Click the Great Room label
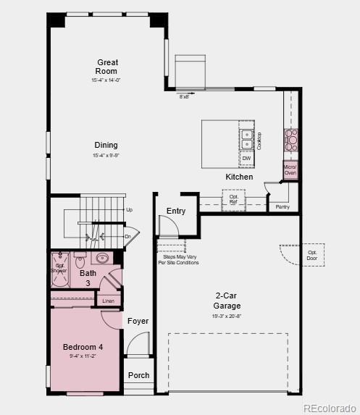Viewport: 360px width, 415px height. tap(107, 67)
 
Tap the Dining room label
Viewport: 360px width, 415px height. tap(105, 146)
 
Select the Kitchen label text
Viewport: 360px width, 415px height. tap(239, 177)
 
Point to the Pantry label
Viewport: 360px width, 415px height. tap(282, 207)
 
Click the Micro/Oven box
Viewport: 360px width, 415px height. tap(290, 170)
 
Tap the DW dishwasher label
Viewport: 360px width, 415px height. tap(246, 158)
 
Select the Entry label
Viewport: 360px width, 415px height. tap(176, 211)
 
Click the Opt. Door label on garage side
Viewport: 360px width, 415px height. tap(312, 255)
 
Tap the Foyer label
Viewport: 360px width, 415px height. tap(138, 321)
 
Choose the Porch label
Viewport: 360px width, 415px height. tap(138, 375)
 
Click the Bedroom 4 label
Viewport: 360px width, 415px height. tap(83, 347)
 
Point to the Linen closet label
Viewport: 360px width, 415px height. tap(108, 301)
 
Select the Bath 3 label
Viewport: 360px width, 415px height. tap(87, 277)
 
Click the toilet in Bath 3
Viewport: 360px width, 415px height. tap(80, 261)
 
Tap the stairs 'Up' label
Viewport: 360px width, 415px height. tap(129, 210)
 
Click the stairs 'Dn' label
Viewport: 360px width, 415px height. tap(127, 236)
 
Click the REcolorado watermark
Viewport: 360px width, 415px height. tap(330, 408)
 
